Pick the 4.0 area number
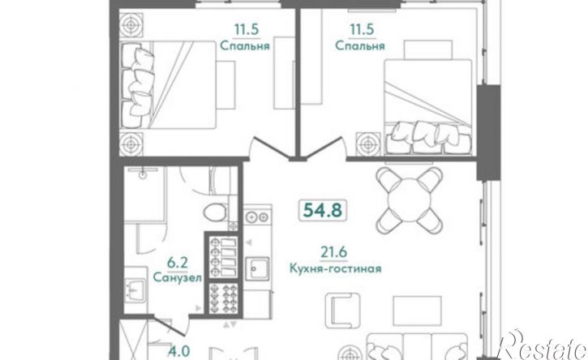pyautogui.click(x=178, y=353)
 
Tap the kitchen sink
pyautogui.click(x=259, y=268)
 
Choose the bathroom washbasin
pyautogui.click(x=135, y=288)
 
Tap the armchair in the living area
pyautogui.click(x=342, y=311)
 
